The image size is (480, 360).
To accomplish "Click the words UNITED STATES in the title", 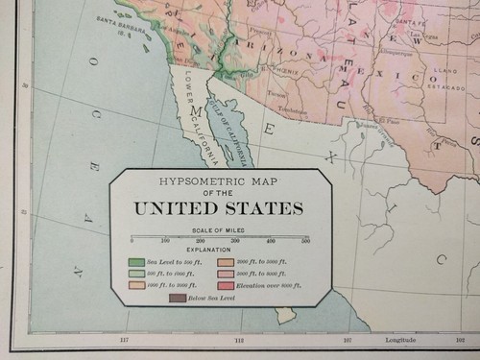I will (x=219, y=207).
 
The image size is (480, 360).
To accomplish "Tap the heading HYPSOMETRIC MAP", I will (x=219, y=180).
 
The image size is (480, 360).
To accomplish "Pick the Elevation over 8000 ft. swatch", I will (x=226, y=284).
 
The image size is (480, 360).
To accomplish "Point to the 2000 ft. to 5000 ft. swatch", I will (x=226, y=260).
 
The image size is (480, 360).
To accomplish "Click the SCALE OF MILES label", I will (x=219, y=230).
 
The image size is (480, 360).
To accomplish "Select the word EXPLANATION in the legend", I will (x=219, y=248).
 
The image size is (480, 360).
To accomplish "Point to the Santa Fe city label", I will (x=410, y=20).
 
